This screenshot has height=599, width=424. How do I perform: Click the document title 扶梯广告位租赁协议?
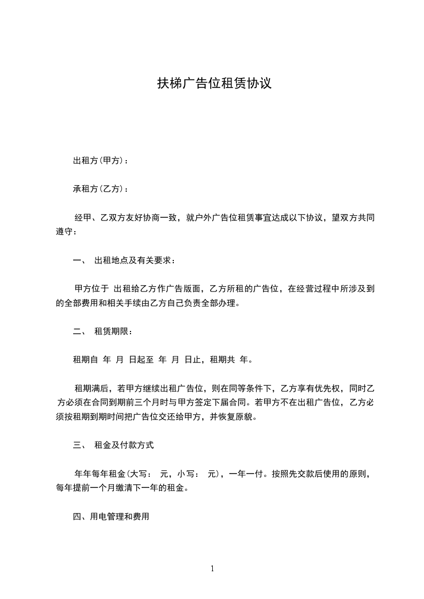[x=214, y=84]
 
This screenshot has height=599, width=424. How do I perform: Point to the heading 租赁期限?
[x=110, y=331]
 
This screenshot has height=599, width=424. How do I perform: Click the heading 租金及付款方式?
[x=124, y=444]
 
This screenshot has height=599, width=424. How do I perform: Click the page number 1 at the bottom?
[x=212, y=569]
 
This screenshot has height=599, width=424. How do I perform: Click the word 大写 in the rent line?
[x=137, y=473]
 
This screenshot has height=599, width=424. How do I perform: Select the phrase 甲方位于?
[x=91, y=289]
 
